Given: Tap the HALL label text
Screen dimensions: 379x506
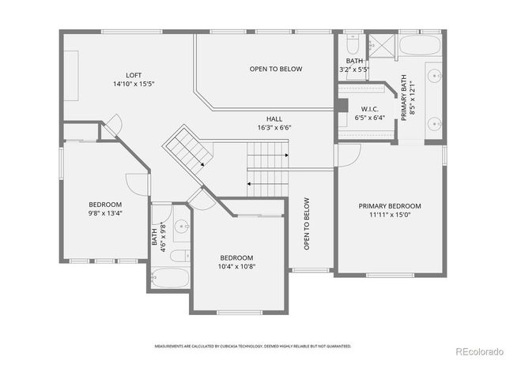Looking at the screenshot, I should tap(274, 118).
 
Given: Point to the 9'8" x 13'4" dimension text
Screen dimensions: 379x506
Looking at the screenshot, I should tap(104, 212).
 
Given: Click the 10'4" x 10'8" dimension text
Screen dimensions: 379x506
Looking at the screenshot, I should tap(236, 266).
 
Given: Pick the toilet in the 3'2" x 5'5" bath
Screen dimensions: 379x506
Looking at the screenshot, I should tap(353, 43).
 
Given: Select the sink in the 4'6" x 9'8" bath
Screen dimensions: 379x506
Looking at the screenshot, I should tap(182, 228).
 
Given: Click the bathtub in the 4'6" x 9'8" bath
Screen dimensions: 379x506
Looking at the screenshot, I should tap(170, 278).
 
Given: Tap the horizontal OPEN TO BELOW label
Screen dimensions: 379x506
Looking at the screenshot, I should tap(276, 69).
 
